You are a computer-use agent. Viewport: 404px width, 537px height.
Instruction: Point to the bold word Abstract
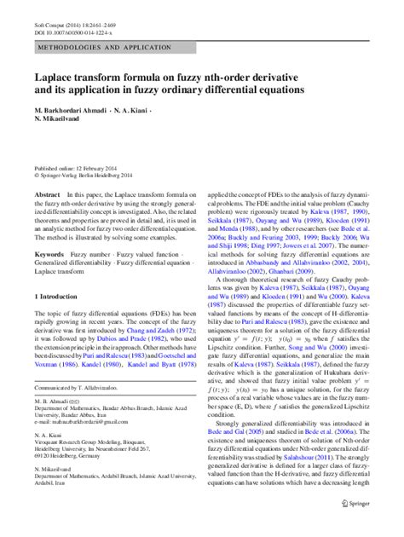47,195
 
